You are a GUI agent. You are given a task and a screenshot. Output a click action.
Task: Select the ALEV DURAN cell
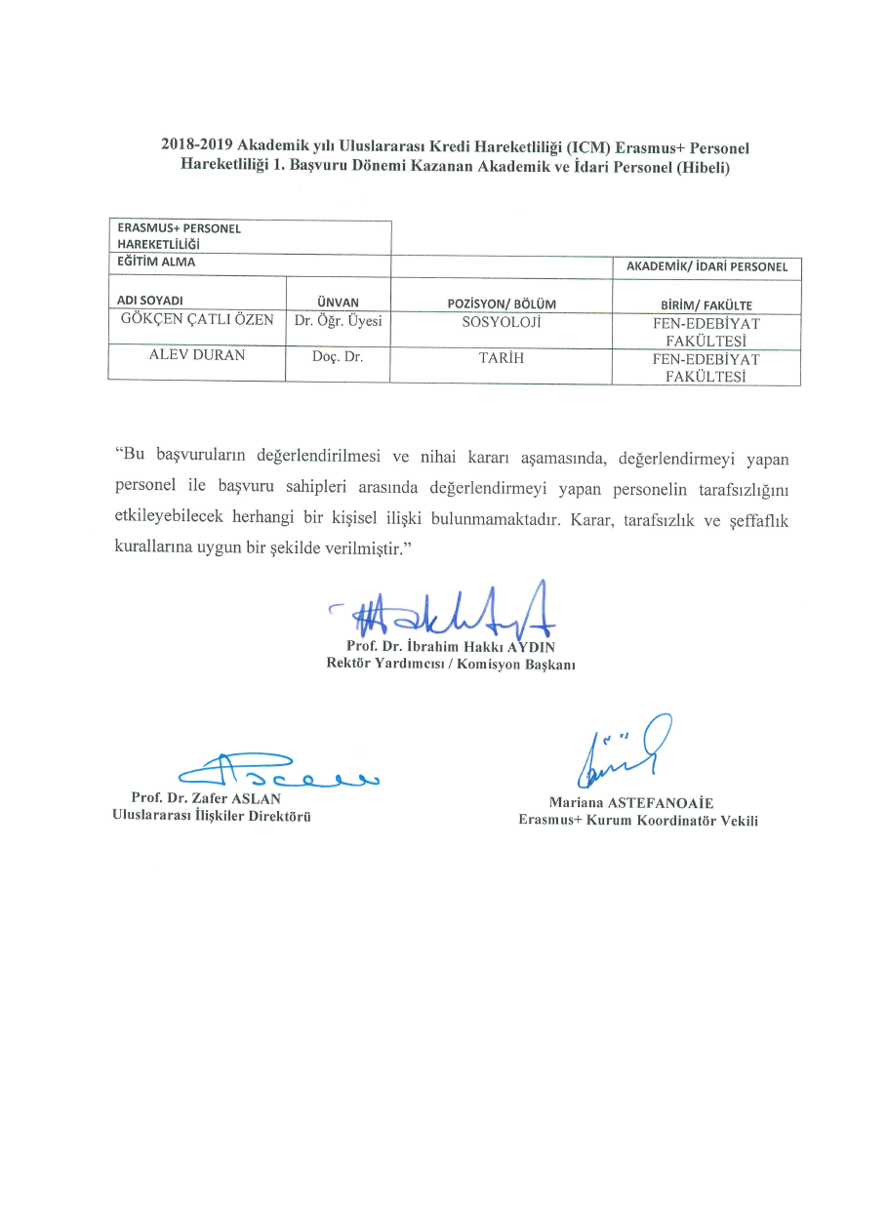tap(196, 356)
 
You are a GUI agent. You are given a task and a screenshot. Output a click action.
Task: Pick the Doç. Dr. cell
tap(338, 357)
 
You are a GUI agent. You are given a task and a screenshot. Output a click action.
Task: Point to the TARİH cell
tap(501, 357)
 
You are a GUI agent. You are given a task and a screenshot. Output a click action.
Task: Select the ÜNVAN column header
tap(339, 303)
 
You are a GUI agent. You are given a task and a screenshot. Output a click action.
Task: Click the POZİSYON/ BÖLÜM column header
tap(501, 304)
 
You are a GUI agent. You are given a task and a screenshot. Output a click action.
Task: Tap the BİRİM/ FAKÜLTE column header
tap(706, 304)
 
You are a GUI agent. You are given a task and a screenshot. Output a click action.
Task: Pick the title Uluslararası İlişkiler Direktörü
tap(212, 817)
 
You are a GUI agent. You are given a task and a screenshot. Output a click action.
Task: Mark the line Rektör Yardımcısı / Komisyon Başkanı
tap(451, 665)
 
